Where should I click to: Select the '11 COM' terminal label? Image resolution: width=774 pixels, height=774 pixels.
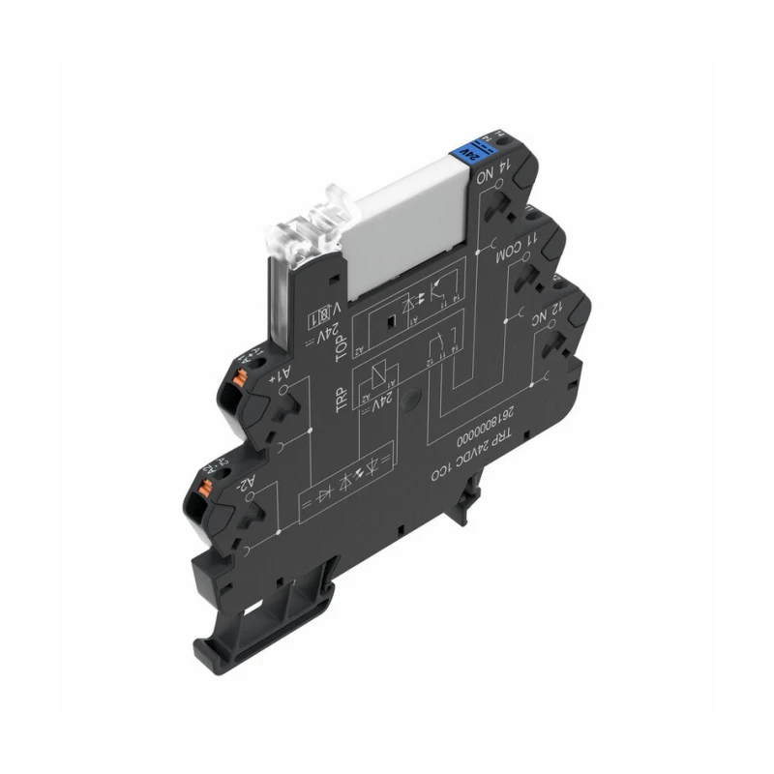pos(509,250)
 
